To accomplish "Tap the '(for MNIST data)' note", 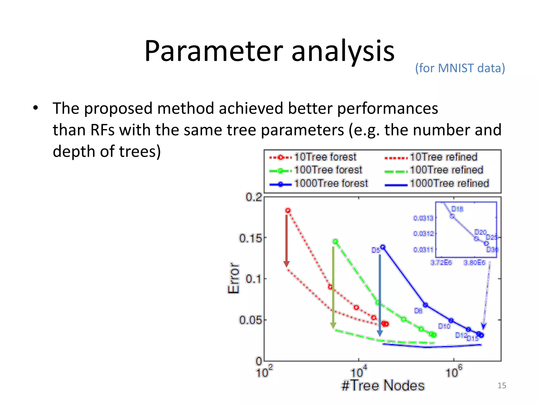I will pyautogui.click(x=460, y=68).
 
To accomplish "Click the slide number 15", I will pyautogui.click(x=502, y=386).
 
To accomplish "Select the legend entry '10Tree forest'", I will pyautogui.click(x=325, y=157).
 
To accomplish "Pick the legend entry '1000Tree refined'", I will pyautogui.click(x=449, y=183).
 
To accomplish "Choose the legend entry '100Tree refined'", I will pyautogui.click(x=446, y=170).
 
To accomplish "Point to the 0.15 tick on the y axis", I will pyautogui.click(x=251, y=238).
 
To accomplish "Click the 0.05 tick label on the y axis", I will pyautogui.click(x=251, y=320).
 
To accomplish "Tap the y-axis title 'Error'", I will pyautogui.click(x=233, y=278).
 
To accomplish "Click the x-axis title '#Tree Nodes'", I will pyautogui.click(x=383, y=386).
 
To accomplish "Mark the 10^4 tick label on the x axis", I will pyautogui.click(x=358, y=371).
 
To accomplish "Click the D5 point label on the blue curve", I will pyautogui.click(x=376, y=250).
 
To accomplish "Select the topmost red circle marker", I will pyautogui.click(x=288, y=210).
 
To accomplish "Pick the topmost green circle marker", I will pyautogui.click(x=335, y=241).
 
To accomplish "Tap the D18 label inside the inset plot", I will pyautogui.click(x=457, y=209).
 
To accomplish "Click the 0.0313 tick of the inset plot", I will pyautogui.click(x=423, y=218).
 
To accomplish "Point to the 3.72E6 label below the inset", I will pyautogui.click(x=441, y=262).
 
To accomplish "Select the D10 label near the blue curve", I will pyautogui.click(x=444, y=326).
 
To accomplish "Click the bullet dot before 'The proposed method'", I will pyautogui.click(x=36, y=108).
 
